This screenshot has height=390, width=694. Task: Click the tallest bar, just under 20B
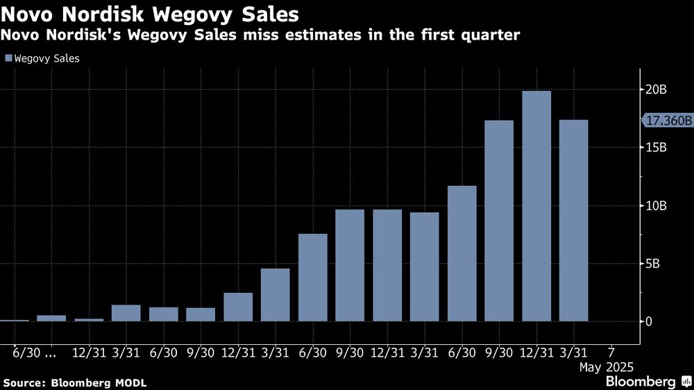click(536, 205)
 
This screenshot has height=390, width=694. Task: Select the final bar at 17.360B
click(574, 220)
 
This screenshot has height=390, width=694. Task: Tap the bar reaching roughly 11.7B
click(462, 253)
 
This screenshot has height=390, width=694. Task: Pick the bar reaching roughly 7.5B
click(313, 278)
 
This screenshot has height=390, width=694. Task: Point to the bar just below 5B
click(276, 294)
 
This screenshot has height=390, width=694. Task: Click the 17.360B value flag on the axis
click(668, 121)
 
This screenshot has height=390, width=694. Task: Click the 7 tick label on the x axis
click(611, 352)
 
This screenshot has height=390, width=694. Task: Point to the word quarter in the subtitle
click(488, 34)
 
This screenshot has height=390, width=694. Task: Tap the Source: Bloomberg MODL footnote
click(75, 382)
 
